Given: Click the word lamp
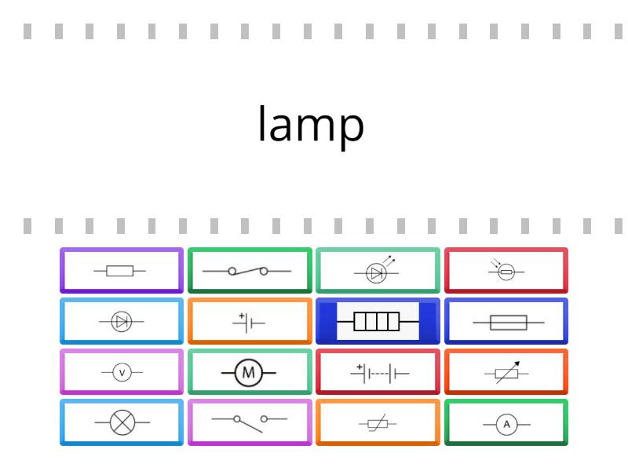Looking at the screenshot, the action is point(311,124).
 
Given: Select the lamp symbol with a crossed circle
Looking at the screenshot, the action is point(122,422).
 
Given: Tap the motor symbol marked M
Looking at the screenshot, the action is point(249,373).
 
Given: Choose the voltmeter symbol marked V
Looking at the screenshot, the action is point(122,372).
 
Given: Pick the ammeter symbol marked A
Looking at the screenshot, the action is point(506,425).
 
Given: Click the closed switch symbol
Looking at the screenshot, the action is point(247,271).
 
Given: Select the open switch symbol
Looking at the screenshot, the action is point(250,423).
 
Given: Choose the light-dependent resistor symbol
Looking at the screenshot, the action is point(506,269).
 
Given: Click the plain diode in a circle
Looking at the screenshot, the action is point(122,321).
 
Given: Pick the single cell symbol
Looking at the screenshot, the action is point(249,323).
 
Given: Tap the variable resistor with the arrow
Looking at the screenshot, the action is point(506,373).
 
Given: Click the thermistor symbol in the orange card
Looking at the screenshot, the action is point(378,423).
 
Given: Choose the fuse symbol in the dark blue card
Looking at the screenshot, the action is point(508,323).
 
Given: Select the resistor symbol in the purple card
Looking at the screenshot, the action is point(120,271).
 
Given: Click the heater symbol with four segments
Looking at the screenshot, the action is point(378,321).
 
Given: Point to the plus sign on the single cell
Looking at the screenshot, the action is point(242,316).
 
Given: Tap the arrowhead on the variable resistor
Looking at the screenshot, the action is point(517,363).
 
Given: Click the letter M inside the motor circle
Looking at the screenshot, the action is point(249,373).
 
